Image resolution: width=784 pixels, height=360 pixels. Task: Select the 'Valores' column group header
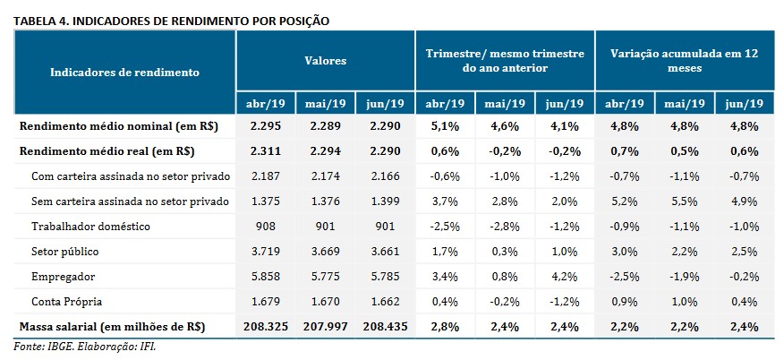pyautogui.click(x=325, y=61)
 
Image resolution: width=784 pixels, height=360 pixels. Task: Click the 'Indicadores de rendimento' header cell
pyautogui.click(x=124, y=71)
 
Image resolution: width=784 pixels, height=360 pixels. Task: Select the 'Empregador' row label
pyautogui.click(x=63, y=276)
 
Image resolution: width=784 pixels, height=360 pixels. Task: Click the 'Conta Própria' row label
pyautogui.click(x=68, y=301)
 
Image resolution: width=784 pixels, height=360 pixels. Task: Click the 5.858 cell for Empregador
pyautogui.click(x=266, y=276)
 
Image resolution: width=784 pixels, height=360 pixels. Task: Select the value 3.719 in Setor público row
pyautogui.click(x=266, y=251)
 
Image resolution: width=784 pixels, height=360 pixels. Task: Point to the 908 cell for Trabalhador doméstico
pyautogui.click(x=266, y=226)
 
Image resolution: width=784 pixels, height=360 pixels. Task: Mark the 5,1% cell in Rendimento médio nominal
pyautogui.click(x=445, y=126)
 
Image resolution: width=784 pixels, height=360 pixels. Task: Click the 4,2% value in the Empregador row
pyautogui.click(x=563, y=276)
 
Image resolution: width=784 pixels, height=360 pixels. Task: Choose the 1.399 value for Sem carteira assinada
pyautogui.click(x=384, y=201)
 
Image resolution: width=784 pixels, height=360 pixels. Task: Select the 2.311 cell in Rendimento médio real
pyautogui.click(x=266, y=150)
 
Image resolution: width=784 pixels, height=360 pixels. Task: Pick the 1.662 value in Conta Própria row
pyautogui.click(x=384, y=301)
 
